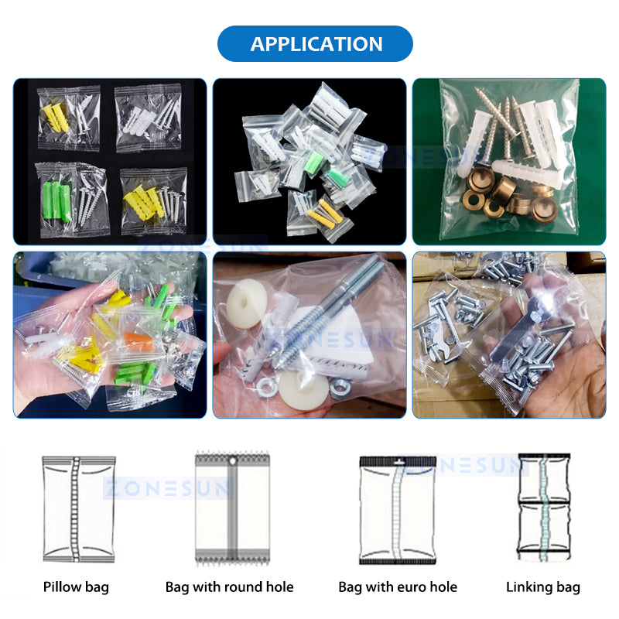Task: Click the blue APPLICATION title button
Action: (316, 43)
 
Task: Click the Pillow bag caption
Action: (76, 587)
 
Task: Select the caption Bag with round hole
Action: (230, 587)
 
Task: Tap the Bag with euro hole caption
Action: (398, 587)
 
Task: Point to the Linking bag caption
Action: (543, 587)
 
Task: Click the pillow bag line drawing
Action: (78, 508)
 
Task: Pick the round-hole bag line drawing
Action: (232, 508)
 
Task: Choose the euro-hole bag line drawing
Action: (398, 508)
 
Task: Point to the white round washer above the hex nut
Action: (247, 303)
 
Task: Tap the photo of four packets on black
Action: (110, 162)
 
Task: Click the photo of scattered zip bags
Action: (309, 162)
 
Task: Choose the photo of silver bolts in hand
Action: (508, 334)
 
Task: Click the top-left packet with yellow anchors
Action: (68, 118)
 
